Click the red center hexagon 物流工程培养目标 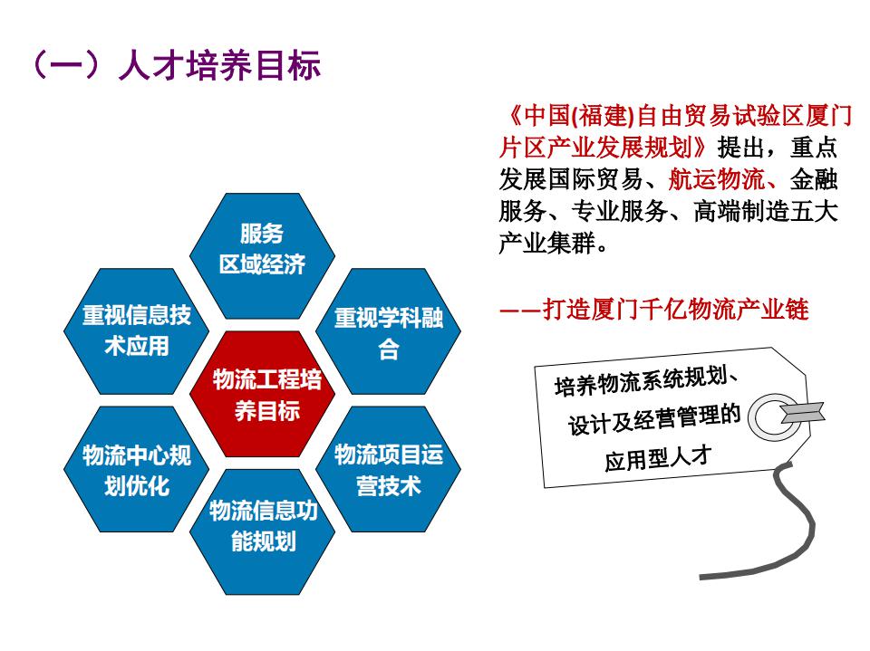(263, 394)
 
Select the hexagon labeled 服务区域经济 (263, 255)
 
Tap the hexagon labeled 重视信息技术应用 (137, 331)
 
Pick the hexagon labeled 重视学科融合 (389, 331)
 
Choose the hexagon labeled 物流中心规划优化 (137, 469)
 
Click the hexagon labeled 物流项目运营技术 (389, 469)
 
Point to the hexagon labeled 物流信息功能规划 (263, 532)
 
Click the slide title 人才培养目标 (219, 65)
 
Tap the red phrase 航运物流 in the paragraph (716, 179)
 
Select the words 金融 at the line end (814, 179)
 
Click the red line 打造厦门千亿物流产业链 (675, 309)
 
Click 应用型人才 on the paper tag (658, 457)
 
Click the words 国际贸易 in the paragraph (595, 179)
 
